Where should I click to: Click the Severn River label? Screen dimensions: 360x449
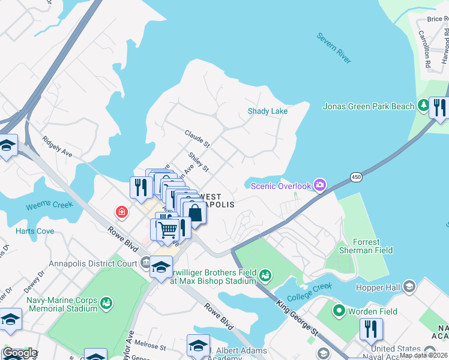click(x=334, y=48)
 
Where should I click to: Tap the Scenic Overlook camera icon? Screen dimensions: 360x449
click(x=320, y=185)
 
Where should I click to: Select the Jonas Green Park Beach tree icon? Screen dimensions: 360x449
click(x=423, y=106)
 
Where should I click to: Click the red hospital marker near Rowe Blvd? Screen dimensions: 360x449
click(x=122, y=212)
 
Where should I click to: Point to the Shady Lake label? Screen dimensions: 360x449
click(x=268, y=111)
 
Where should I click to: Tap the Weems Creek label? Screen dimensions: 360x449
click(x=49, y=206)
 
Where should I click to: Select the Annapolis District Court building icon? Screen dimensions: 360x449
click(x=145, y=262)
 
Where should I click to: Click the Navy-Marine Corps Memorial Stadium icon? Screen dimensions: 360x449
click(x=106, y=303)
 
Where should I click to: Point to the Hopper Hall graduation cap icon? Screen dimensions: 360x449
click(x=409, y=286)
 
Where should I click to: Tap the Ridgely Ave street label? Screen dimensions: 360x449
click(x=57, y=147)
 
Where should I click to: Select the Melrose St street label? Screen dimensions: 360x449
click(x=150, y=346)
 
